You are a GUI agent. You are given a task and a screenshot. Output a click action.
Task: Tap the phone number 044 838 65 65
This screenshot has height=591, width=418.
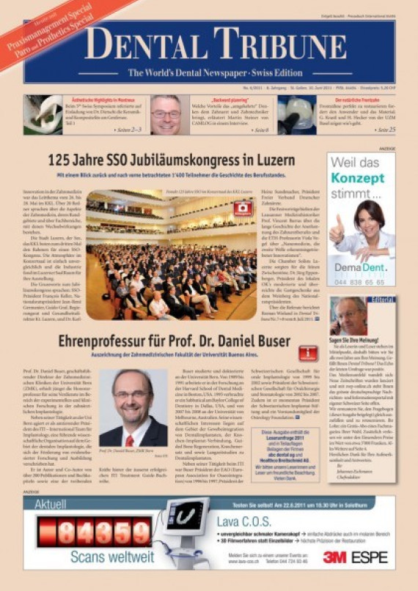[360, 283]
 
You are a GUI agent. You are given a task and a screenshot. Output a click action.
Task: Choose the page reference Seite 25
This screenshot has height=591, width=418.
[381, 130]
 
